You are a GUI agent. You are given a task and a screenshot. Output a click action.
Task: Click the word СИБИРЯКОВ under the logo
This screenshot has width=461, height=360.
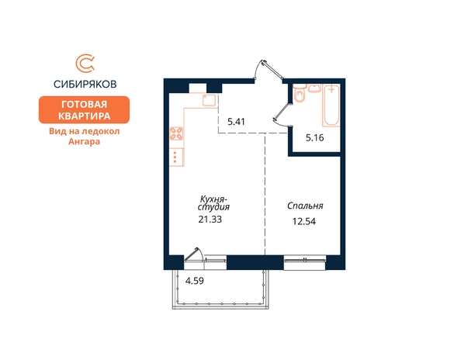point(85,85)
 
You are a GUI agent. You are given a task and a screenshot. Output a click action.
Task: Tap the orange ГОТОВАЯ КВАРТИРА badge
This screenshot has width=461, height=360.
point(84,109)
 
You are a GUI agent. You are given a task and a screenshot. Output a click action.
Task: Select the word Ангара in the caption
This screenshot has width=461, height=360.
point(84,142)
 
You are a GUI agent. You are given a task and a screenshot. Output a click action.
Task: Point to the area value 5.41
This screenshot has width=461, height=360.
point(237,122)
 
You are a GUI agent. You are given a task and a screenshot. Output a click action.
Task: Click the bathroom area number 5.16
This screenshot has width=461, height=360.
point(315,137)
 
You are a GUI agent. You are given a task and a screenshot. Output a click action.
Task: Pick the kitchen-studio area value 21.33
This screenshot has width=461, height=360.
point(210,220)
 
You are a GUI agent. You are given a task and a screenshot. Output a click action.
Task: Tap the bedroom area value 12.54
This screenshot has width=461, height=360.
point(304,221)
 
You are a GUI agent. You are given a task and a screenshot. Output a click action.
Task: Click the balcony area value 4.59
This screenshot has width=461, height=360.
point(194,281)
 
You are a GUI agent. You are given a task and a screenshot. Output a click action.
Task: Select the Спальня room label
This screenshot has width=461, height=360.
point(305,206)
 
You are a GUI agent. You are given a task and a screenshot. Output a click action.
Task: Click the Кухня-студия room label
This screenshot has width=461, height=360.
point(213,202)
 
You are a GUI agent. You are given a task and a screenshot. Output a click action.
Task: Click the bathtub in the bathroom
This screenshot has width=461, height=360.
point(331,106)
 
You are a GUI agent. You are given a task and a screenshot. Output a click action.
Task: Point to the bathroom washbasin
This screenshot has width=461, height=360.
point(314,88)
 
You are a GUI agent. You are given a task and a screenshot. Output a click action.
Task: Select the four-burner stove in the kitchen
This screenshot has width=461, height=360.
point(176,133)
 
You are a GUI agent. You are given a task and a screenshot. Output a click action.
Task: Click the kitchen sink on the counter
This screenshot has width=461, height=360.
point(209,100)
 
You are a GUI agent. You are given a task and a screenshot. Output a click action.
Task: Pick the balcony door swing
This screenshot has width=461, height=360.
point(192,254)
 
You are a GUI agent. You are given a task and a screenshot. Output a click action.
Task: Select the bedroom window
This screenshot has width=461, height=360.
point(305,261)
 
